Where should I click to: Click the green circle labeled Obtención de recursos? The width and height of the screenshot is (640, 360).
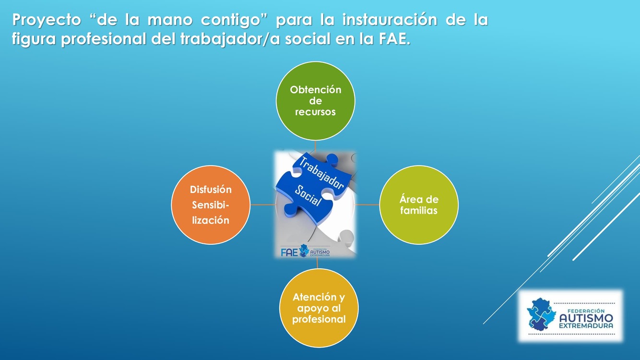[x=315, y=101]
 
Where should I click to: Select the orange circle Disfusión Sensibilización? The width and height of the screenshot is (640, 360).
[x=211, y=205]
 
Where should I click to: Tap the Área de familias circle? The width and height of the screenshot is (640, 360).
[x=419, y=205]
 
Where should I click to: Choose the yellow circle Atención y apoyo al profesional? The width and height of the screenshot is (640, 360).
[x=319, y=308]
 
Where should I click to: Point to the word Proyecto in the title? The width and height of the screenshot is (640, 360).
[x=47, y=20]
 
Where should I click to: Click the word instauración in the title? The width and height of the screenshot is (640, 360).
[x=390, y=20]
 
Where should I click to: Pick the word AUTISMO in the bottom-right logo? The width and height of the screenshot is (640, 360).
[x=586, y=318]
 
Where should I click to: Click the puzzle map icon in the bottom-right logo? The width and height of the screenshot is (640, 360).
[x=541, y=314]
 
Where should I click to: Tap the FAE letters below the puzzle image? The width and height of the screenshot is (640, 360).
[x=289, y=252]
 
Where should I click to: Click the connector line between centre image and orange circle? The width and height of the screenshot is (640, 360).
[x=263, y=205]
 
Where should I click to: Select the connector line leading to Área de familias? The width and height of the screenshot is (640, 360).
[x=367, y=205]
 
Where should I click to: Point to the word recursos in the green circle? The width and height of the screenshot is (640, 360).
[x=315, y=112]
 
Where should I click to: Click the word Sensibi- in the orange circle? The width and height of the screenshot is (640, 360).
[x=211, y=205]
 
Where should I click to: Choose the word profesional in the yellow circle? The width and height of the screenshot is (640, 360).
[x=319, y=319]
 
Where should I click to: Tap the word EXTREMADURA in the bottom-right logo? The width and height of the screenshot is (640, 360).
[x=586, y=326]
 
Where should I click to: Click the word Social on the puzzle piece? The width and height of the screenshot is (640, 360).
[x=308, y=195]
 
